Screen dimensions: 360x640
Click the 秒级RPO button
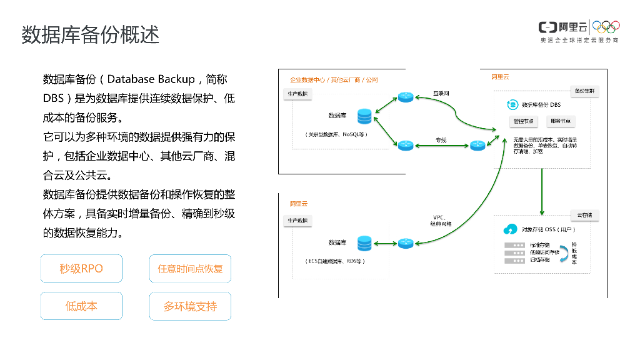pos(81,269)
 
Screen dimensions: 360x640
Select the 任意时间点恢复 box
pos(190,269)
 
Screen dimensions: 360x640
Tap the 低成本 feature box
pos(81,306)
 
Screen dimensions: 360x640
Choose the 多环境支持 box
pos(190,306)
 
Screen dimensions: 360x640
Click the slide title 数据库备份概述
pos(91,34)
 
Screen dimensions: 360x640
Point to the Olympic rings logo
pos(606,27)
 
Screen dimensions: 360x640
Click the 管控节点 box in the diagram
pos(523,121)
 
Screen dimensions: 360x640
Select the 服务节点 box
pos(561,121)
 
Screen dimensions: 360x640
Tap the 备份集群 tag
pos(585,91)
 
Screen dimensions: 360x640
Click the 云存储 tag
pos(585,215)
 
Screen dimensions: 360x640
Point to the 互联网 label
pos(441,93)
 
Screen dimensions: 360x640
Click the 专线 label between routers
pos(441,139)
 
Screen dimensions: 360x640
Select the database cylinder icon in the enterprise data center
pos(364,116)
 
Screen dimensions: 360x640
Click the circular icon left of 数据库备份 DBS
pos(512,105)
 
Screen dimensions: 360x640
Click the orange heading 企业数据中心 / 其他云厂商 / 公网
pos(334,80)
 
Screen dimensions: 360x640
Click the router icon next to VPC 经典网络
pos(406,242)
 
